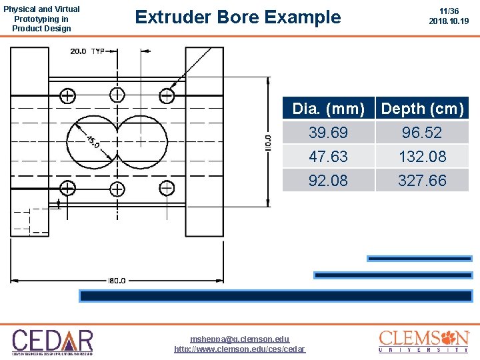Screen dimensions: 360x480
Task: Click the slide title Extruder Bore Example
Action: point(237,17)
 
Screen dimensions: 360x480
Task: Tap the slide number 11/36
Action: point(449,11)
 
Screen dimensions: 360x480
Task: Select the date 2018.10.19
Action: point(449,21)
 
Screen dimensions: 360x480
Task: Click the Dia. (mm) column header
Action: point(329,109)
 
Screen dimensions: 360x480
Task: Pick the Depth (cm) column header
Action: point(422,109)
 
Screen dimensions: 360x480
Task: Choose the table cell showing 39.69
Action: point(329,133)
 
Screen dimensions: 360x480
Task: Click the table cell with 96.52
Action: point(422,133)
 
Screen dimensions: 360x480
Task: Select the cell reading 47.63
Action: point(329,157)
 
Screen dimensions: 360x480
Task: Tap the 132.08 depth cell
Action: point(422,157)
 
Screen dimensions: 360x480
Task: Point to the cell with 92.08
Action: point(329,180)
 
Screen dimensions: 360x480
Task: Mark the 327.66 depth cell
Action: point(422,180)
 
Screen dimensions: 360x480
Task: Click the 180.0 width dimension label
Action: point(117,281)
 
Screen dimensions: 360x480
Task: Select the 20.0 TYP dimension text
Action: point(88,51)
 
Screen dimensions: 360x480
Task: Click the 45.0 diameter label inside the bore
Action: point(94,142)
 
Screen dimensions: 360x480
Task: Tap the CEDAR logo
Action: point(53,341)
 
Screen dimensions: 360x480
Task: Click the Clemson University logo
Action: point(424,341)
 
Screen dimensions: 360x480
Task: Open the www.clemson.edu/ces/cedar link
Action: point(239,349)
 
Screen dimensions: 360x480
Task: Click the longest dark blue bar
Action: point(276,296)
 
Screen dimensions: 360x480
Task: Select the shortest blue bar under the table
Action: point(419,259)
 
